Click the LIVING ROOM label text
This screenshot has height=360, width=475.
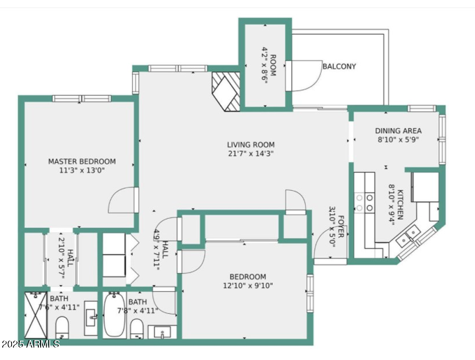click(x=251, y=144)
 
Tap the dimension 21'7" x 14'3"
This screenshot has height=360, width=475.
click(x=251, y=153)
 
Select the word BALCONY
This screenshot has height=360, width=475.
click(x=339, y=66)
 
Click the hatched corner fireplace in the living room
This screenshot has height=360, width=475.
click(x=226, y=91)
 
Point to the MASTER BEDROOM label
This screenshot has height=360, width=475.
click(x=82, y=162)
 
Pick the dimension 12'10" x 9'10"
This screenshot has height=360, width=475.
click(x=248, y=285)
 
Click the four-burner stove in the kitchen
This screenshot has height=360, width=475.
click(x=364, y=203)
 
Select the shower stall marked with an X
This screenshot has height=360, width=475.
click(x=36, y=315)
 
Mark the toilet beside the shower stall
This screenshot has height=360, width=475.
click(x=62, y=329)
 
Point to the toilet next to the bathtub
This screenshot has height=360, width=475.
click(x=137, y=328)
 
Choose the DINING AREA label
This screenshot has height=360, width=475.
click(x=398, y=131)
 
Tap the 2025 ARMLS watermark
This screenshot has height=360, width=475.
click(x=30, y=344)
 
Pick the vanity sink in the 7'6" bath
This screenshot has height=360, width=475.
click(x=91, y=318)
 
